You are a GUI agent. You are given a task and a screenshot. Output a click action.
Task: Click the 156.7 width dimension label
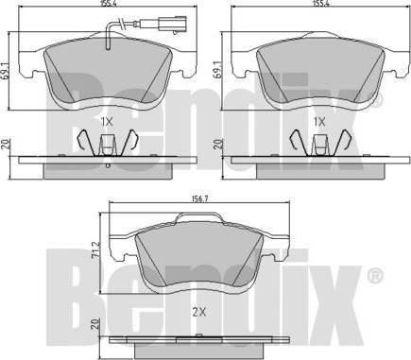pyautogui.click(x=198, y=198)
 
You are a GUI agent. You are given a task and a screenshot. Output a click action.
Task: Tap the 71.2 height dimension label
pyautogui.click(x=96, y=250)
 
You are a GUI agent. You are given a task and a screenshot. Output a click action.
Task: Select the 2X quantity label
pyautogui.click(x=198, y=312)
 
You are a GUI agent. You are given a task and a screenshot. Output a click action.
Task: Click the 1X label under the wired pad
pyautogui.click(x=107, y=122)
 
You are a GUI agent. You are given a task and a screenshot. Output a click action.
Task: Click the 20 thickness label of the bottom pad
pyautogui.click(x=95, y=324)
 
